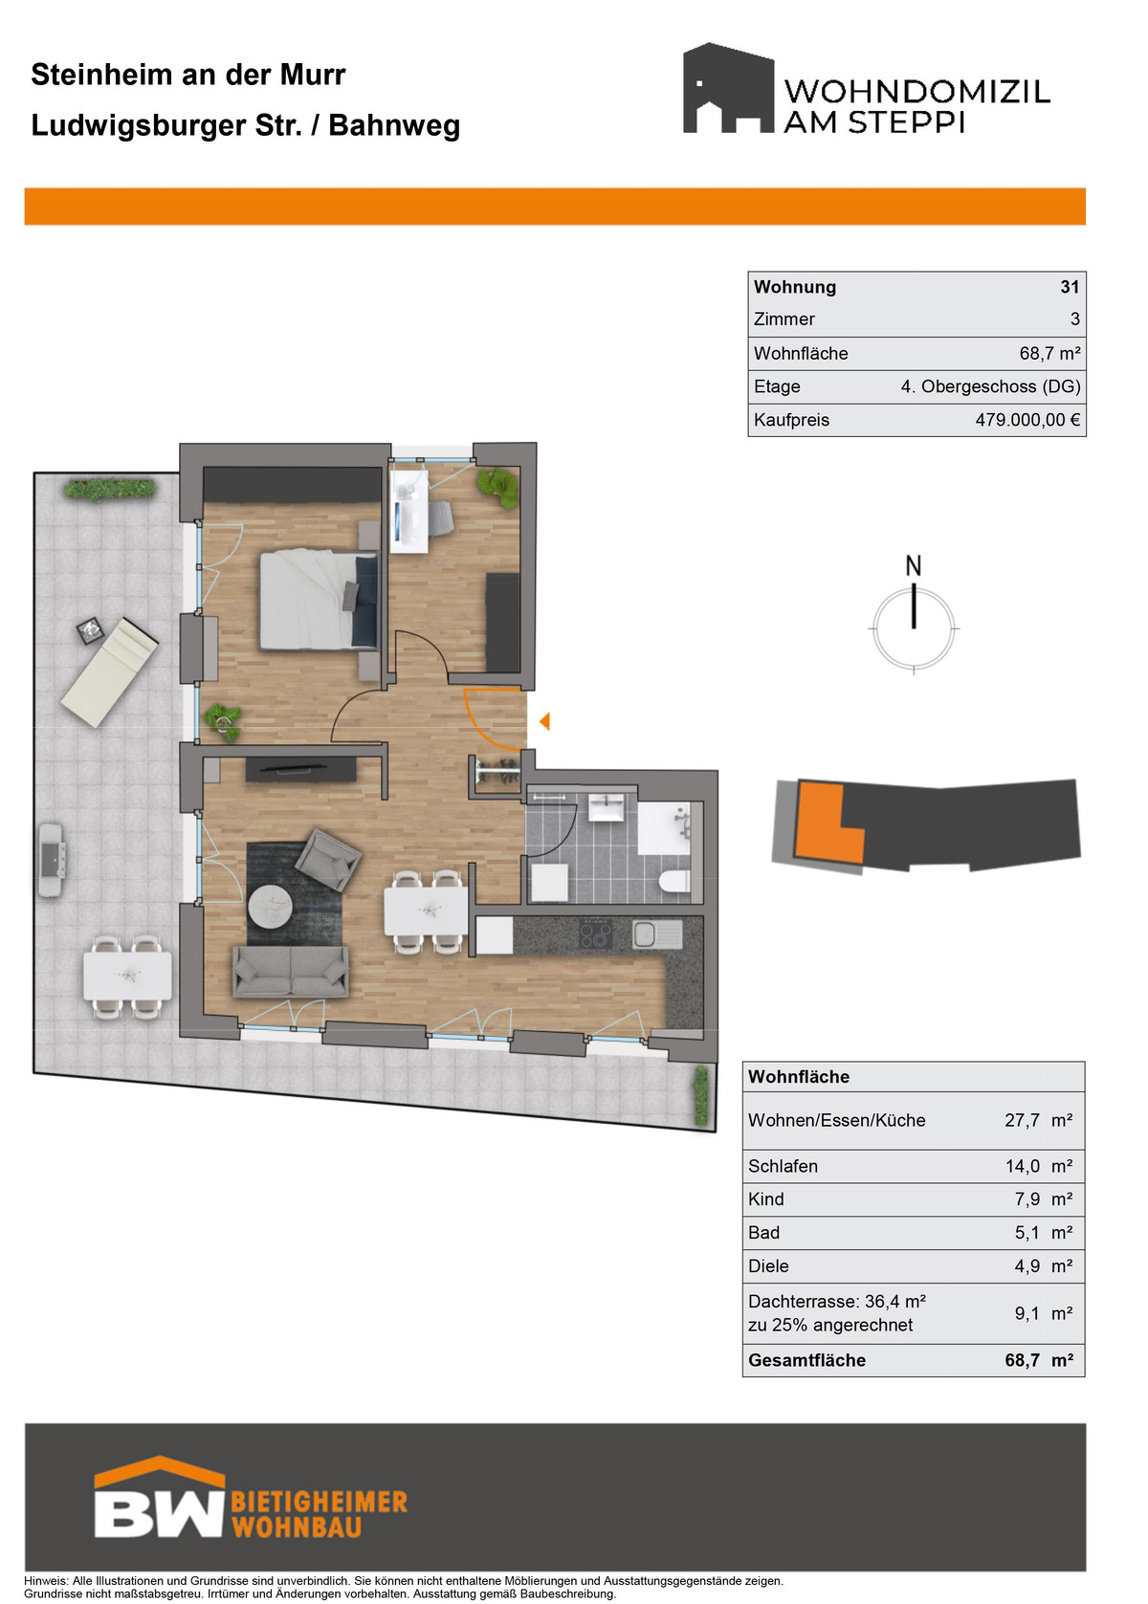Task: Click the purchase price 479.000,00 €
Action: coord(1027,420)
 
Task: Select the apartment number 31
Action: coord(1070,286)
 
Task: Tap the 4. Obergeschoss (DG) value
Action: coord(990,386)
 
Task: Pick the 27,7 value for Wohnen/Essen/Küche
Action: coord(1022,1120)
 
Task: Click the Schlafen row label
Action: coord(783,1166)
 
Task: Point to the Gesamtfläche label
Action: coord(807,1360)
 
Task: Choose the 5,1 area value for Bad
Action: coord(1027,1232)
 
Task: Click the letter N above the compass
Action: coord(913,565)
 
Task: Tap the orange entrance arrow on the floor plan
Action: coord(544,721)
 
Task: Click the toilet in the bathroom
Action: coord(673,881)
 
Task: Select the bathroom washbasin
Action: coord(607,808)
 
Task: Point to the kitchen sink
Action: coord(656,934)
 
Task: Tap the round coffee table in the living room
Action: coord(270,908)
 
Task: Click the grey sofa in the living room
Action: coord(291,972)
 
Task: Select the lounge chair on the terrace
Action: coord(109,671)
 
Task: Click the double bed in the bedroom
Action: coord(319,600)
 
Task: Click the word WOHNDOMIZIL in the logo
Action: coord(917,92)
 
